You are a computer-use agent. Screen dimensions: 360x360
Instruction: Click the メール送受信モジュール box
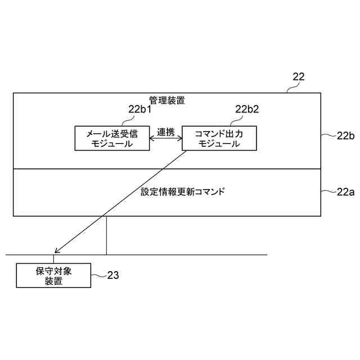(112, 138)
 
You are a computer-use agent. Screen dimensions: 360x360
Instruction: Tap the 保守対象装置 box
(53, 276)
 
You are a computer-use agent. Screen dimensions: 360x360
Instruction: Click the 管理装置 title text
(167, 101)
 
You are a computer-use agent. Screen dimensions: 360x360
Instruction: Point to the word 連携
(165, 132)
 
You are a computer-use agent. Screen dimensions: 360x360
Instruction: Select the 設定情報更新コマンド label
(182, 192)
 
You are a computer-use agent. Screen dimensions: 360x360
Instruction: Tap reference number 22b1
(139, 109)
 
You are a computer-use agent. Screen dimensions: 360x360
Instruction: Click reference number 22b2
(247, 109)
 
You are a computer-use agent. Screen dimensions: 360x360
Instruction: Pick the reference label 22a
(345, 192)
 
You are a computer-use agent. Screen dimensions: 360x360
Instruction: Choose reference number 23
(112, 276)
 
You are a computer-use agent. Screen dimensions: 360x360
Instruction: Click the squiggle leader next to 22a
(328, 192)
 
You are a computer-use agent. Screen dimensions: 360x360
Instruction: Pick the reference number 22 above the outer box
(298, 78)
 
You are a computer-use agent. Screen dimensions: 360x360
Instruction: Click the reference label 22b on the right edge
(345, 136)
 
